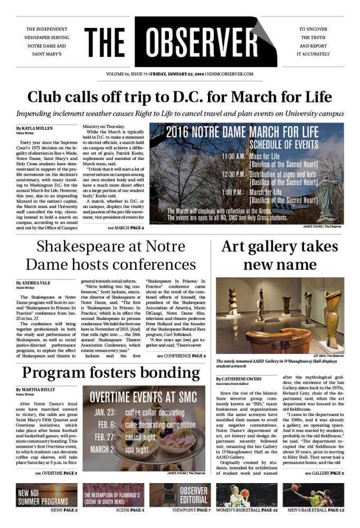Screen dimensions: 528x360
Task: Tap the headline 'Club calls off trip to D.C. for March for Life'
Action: click(179, 97)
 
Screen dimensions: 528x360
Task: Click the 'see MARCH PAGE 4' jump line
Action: click(126, 228)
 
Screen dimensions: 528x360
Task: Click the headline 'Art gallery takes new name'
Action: click(280, 255)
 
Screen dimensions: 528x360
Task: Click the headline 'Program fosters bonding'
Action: click(111, 374)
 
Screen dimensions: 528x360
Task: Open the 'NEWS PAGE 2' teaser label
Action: click(64, 511)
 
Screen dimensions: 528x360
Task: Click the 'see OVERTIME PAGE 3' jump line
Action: click(56, 473)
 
